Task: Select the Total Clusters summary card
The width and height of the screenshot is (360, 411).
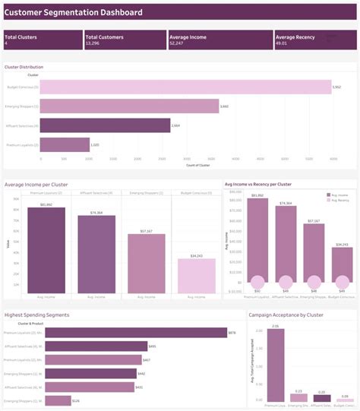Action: (42, 40)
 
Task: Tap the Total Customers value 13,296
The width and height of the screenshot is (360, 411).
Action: (96, 44)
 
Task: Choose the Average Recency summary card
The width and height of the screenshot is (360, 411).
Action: (314, 40)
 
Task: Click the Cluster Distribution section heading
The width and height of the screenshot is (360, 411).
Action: (24, 67)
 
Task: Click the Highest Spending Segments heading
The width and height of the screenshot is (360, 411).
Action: (36, 314)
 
